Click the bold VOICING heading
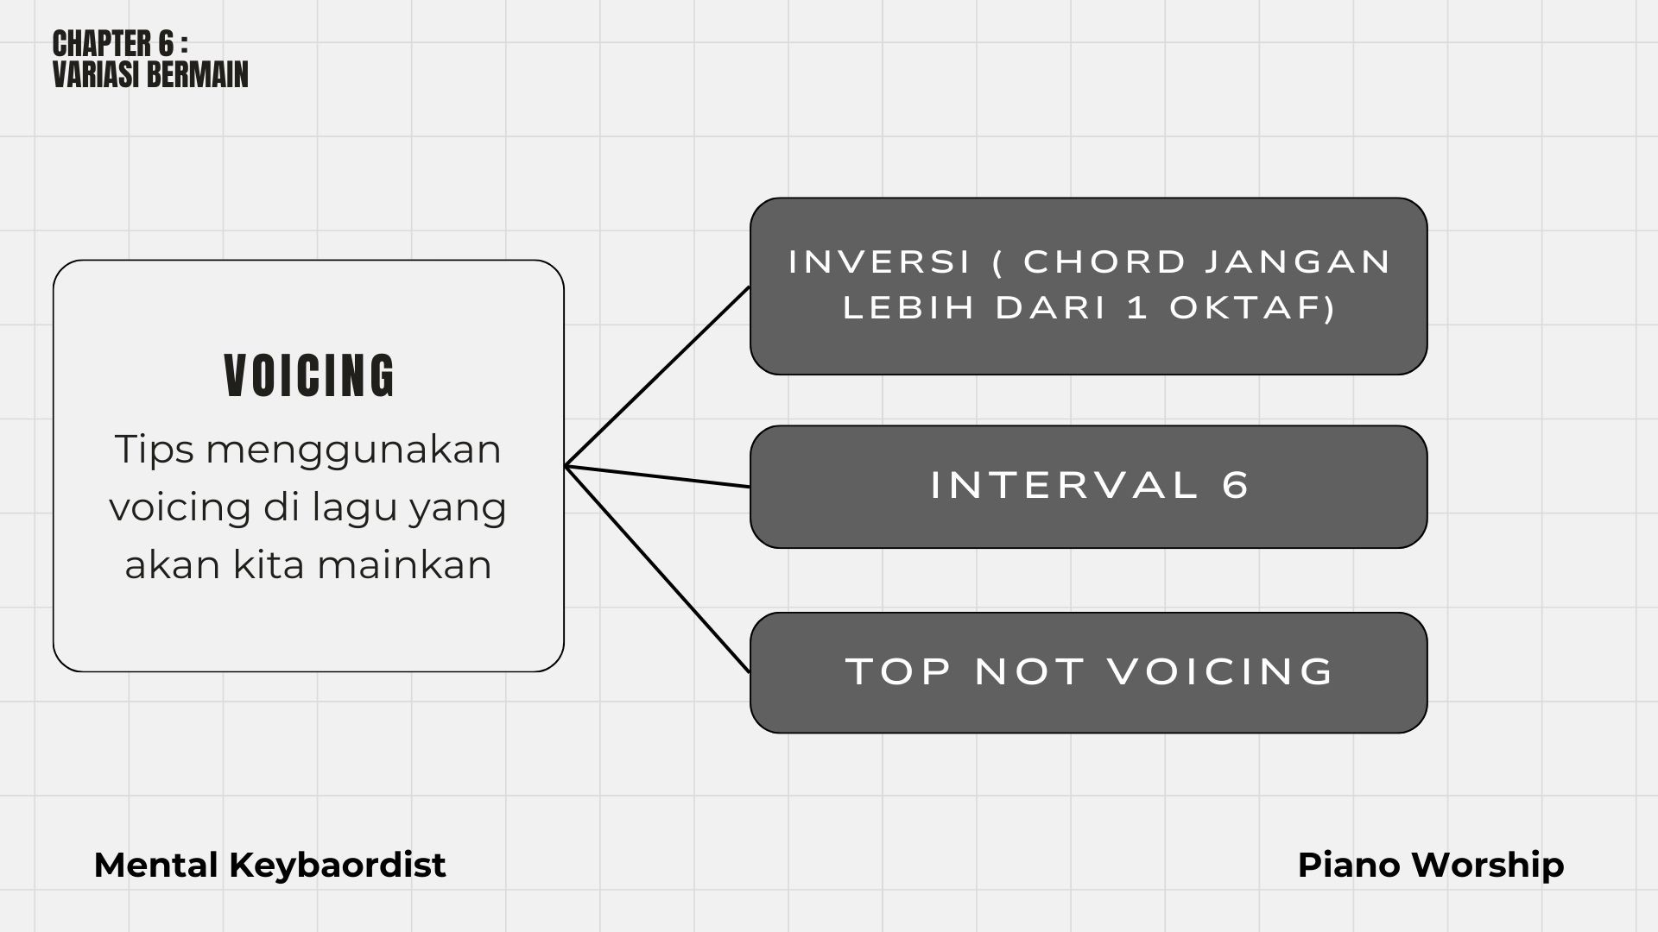309,375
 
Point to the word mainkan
404,565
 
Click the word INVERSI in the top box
880,261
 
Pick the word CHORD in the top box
1105,261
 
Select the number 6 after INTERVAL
1236,485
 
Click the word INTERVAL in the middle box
1065,485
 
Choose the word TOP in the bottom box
899,671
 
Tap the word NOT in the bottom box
1029,671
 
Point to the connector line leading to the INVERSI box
657,376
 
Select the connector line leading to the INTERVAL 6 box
657,476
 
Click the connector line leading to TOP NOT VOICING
657,569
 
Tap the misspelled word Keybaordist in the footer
337,866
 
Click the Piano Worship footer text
1431,866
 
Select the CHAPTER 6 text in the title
113,43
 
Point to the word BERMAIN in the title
199,74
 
